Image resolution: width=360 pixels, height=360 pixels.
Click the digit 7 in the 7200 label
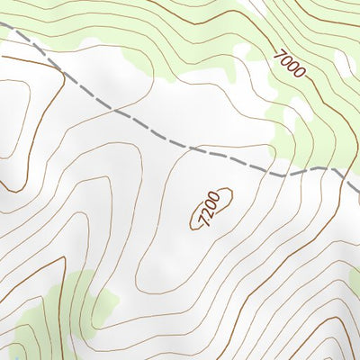click(201, 220)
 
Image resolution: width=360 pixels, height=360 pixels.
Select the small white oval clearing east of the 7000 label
click(343, 62)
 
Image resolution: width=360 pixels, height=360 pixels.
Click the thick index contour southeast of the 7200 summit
click(297, 270)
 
